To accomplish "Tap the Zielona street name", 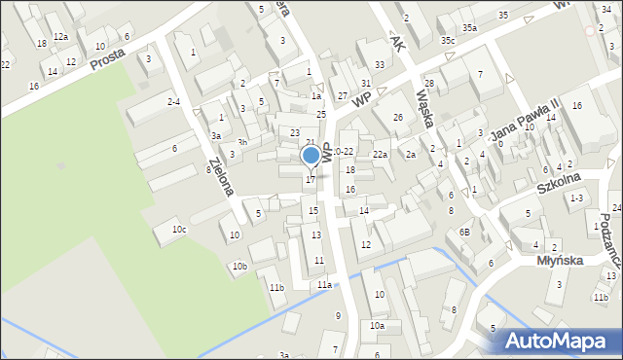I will click(x=220, y=175).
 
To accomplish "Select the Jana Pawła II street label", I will click(x=526, y=121).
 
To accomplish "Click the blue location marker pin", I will click(x=311, y=156).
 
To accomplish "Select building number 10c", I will click(x=179, y=230).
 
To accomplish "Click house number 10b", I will click(x=238, y=267).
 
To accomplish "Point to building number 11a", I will click(x=323, y=284).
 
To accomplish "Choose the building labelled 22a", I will click(x=380, y=155).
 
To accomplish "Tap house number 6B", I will click(x=465, y=232).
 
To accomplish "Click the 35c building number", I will click(x=447, y=41).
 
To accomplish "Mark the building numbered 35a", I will click(x=469, y=28).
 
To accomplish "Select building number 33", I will click(x=379, y=65).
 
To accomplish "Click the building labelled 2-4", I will click(x=173, y=101).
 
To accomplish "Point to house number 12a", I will click(x=60, y=37).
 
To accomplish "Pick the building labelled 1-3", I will click(x=576, y=198).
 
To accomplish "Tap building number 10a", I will click(x=376, y=326).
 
